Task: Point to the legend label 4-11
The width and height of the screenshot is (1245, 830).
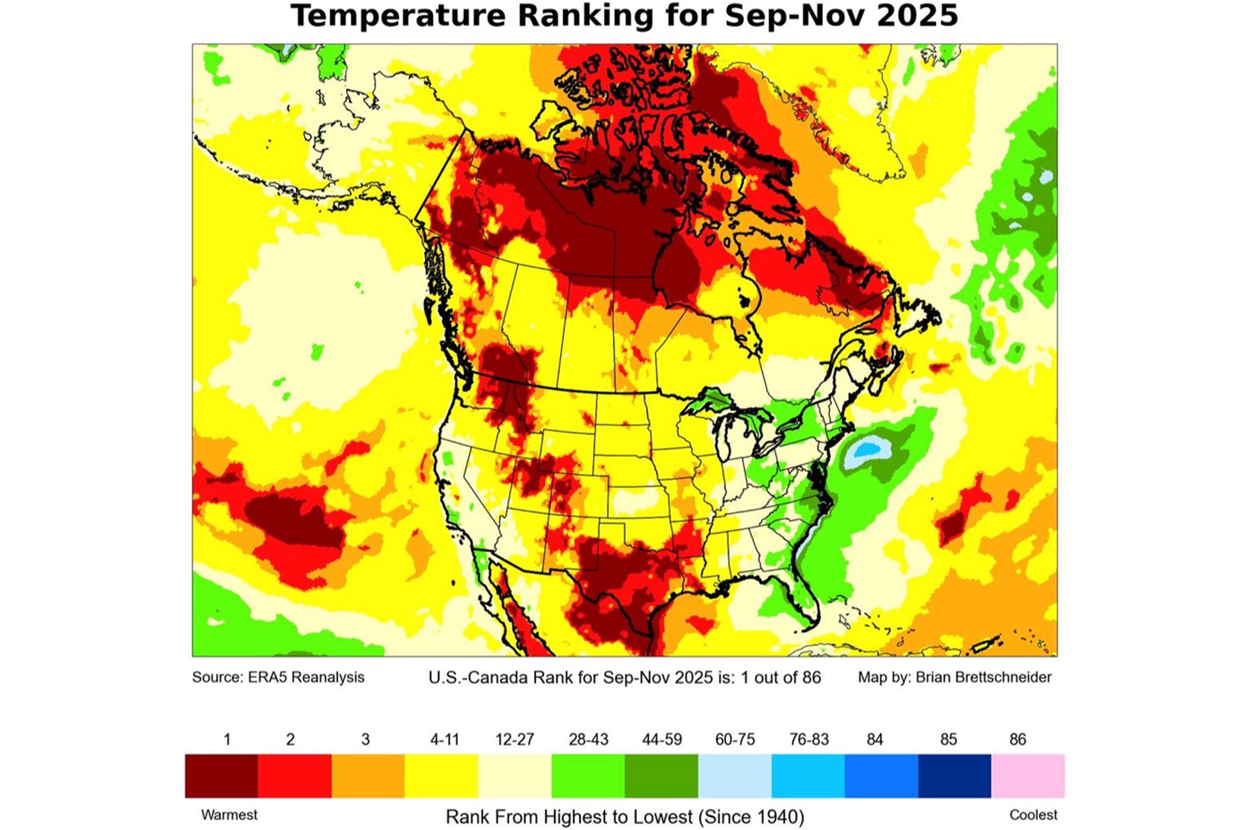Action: click(444, 739)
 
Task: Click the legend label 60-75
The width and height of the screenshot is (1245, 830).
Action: click(735, 739)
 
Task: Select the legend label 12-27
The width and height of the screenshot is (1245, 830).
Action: click(514, 739)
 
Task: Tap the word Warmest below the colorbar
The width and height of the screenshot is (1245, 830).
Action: click(229, 815)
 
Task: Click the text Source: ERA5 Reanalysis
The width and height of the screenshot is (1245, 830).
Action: click(278, 677)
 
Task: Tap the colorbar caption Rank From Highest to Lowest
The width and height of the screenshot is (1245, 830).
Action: click(569, 817)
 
